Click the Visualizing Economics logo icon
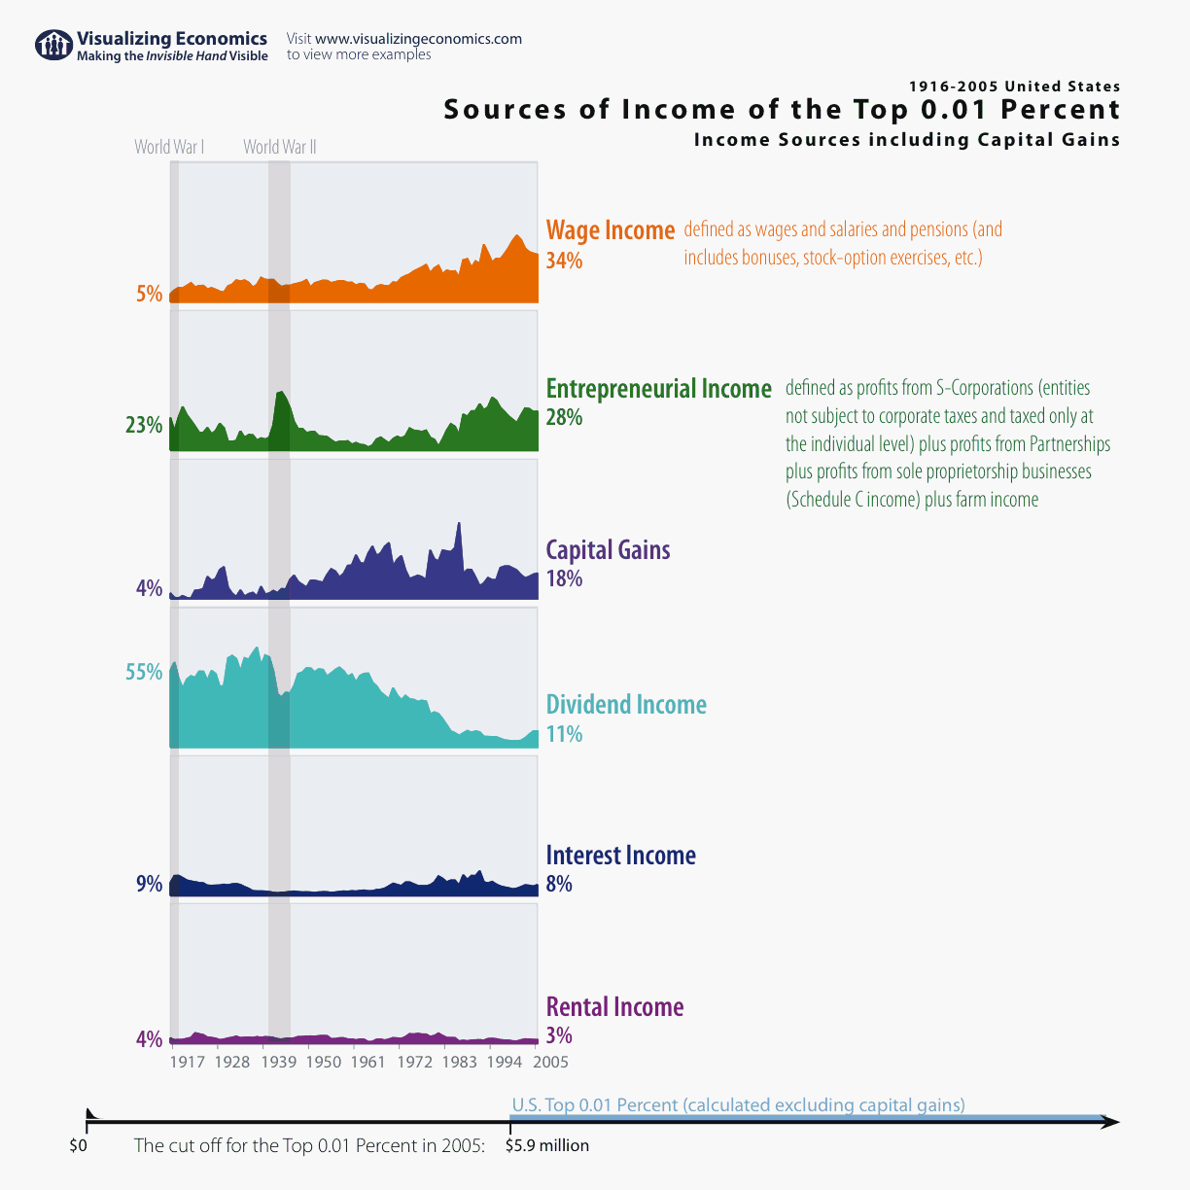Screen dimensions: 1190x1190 click(x=53, y=45)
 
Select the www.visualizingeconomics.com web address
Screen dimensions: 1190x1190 click(x=418, y=39)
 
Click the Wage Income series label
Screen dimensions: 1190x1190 click(x=610, y=230)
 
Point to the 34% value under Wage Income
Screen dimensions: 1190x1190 click(x=564, y=261)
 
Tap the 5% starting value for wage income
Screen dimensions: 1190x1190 click(x=149, y=294)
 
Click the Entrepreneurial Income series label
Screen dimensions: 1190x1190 click(x=658, y=389)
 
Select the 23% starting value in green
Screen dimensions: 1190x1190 click(x=144, y=425)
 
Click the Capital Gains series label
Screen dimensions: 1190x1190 click(x=608, y=550)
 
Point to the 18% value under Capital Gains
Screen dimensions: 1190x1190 click(x=564, y=578)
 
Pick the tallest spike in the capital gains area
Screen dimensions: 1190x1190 click(x=459, y=526)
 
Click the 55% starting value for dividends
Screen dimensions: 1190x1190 click(x=144, y=672)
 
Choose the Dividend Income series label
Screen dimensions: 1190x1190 click(x=626, y=705)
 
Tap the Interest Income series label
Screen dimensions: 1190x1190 click(x=620, y=856)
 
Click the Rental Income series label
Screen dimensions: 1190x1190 click(x=614, y=1007)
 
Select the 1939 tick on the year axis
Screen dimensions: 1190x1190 click(x=279, y=1062)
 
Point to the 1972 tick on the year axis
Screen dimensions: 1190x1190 click(x=414, y=1062)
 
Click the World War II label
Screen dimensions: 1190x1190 click(x=280, y=147)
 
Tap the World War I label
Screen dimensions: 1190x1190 click(x=169, y=147)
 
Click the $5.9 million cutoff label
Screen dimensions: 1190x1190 click(x=547, y=1145)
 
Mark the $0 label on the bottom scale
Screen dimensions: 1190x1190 click(x=79, y=1146)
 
